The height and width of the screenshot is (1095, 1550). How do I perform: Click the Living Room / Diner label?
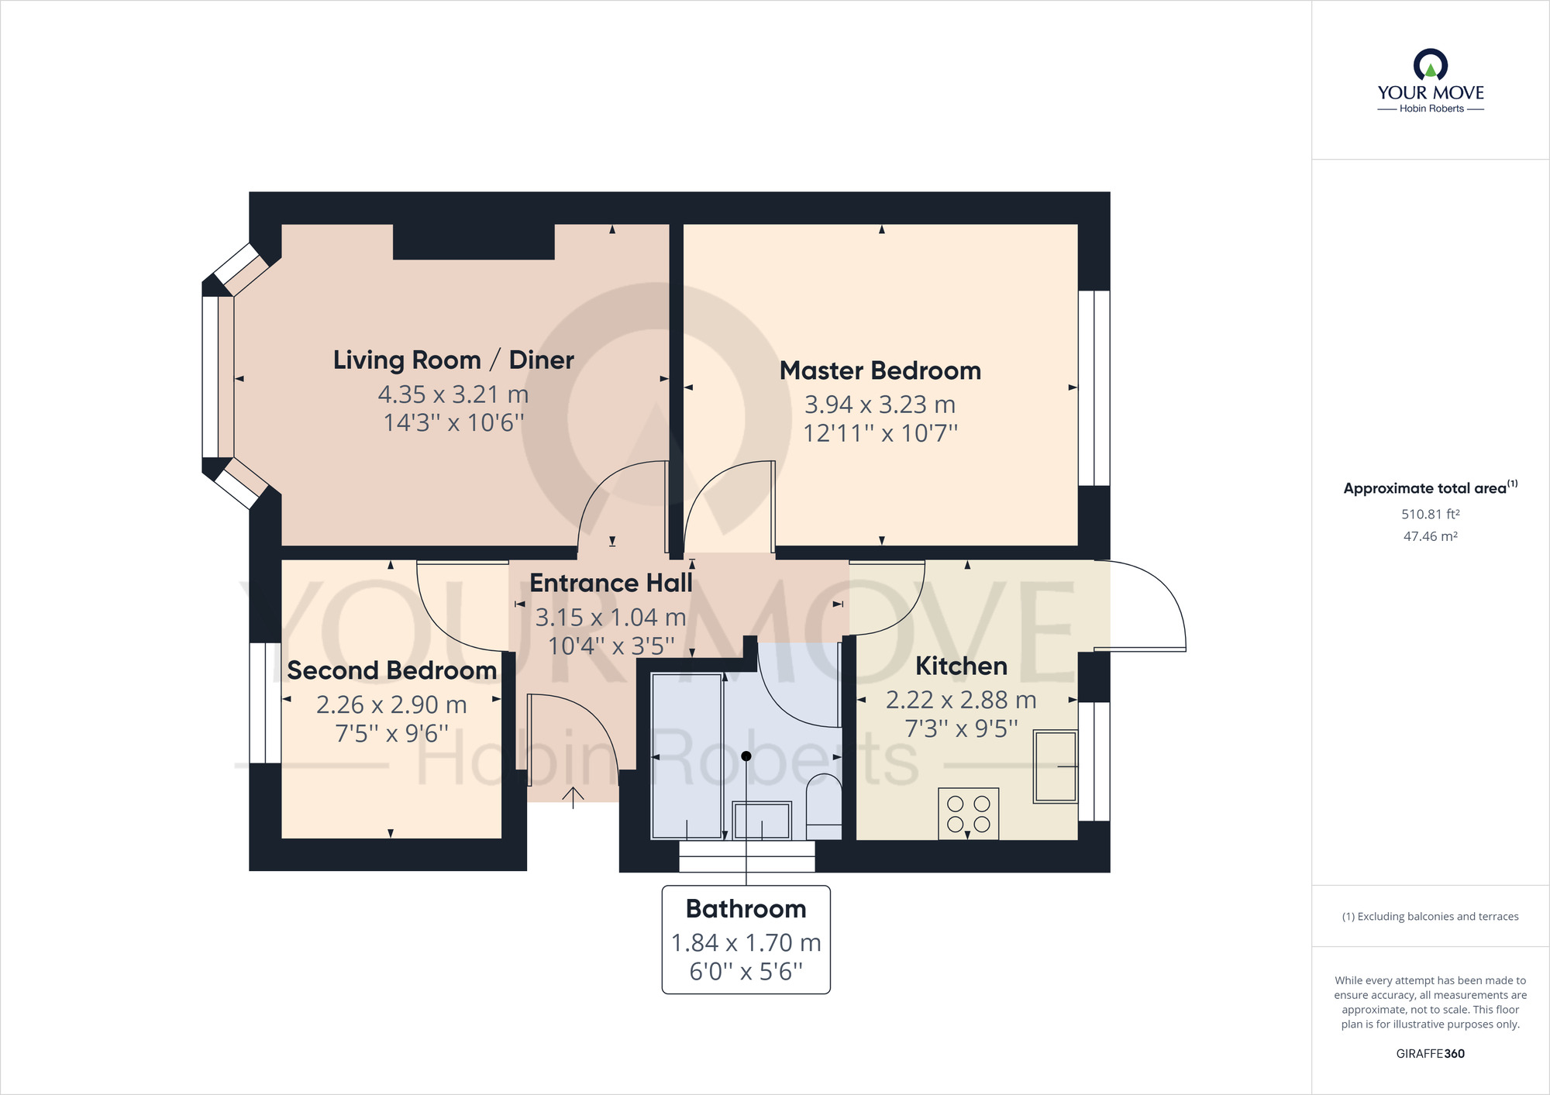point(453,360)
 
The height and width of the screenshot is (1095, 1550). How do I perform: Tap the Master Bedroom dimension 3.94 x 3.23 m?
point(880,405)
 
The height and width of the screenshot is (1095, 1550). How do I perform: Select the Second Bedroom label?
point(391,670)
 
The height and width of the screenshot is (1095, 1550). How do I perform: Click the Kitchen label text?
point(961,666)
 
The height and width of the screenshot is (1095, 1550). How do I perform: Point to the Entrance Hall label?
point(611,583)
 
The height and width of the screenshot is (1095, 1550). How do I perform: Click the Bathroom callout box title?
point(746,908)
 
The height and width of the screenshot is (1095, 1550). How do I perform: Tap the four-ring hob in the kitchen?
point(968,814)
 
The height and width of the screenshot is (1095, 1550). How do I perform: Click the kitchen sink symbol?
point(1055,766)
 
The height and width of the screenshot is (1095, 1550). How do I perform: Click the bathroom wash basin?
point(762,821)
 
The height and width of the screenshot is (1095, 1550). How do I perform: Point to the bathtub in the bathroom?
point(687,756)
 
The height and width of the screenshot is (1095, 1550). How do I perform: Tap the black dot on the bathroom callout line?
point(746,756)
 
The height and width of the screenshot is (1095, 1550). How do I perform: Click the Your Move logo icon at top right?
point(1430,65)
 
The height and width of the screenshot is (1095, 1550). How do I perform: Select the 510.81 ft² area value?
point(1430,514)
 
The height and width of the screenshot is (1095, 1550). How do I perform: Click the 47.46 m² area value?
point(1430,536)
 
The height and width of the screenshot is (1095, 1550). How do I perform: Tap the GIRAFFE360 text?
point(1430,1053)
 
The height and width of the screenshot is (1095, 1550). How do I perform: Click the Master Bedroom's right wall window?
point(1094,387)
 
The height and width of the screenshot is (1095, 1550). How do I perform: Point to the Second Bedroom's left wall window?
point(265,702)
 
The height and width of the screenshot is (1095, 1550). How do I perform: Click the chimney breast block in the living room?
point(474,241)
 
